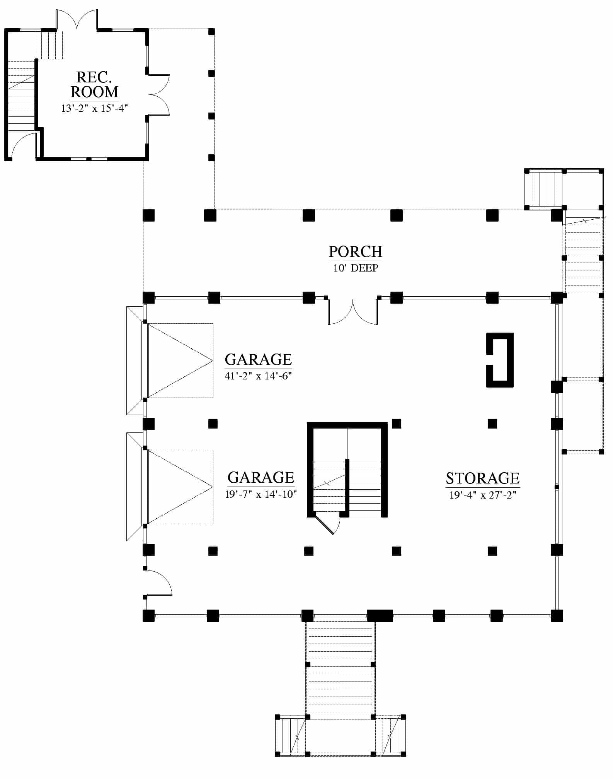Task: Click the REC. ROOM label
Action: click(x=94, y=85)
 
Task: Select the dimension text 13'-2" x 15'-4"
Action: click(x=94, y=108)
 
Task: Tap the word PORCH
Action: click(x=356, y=252)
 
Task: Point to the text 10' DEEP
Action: click(x=356, y=268)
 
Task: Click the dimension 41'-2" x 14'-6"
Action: click(x=258, y=376)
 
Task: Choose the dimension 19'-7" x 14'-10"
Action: click(x=261, y=494)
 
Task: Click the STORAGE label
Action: click(x=483, y=478)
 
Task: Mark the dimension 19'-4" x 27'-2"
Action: click(x=483, y=495)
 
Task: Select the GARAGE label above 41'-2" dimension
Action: click(x=258, y=360)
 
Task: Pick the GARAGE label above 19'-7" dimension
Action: click(x=261, y=478)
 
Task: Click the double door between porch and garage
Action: click(x=353, y=311)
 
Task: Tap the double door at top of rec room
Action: click(x=77, y=19)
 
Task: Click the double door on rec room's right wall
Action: click(x=158, y=94)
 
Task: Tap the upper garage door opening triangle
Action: click(x=180, y=360)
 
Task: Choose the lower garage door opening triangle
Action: click(x=180, y=487)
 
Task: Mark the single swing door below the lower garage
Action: click(x=158, y=582)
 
